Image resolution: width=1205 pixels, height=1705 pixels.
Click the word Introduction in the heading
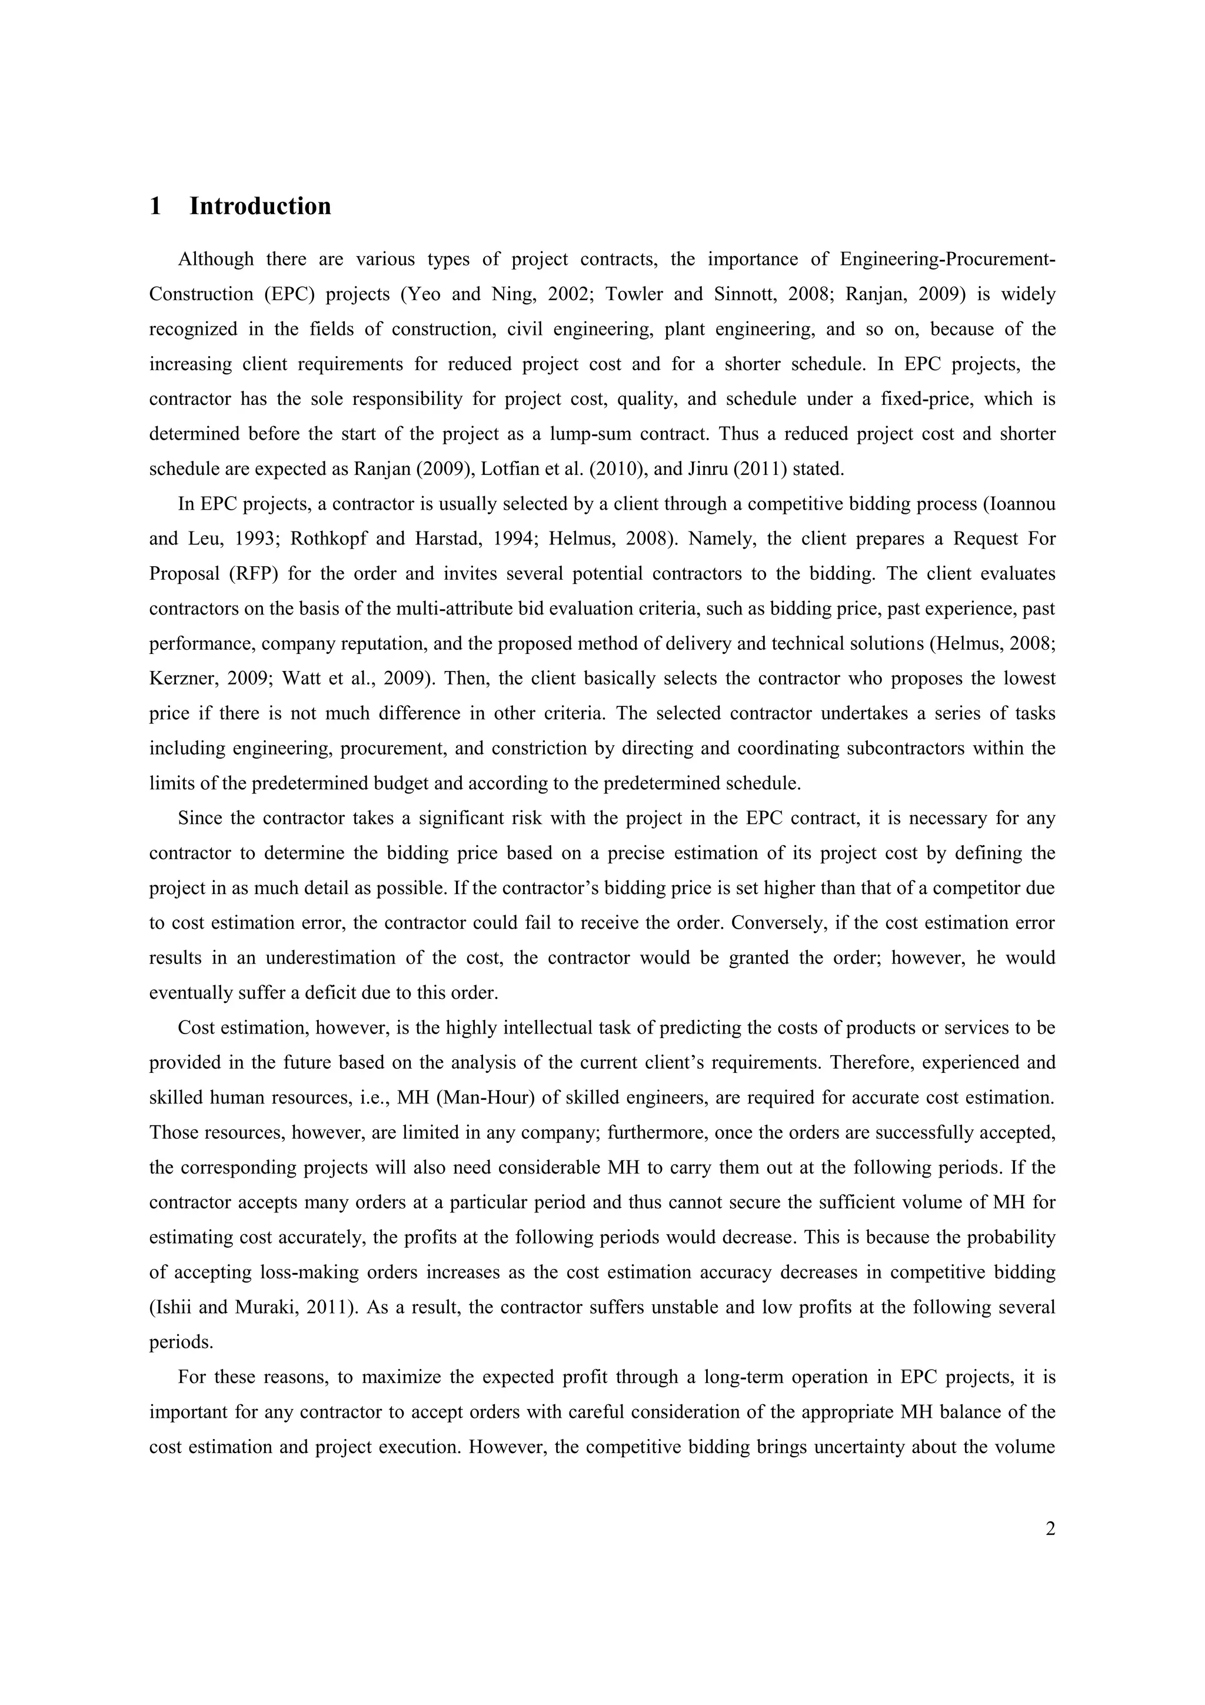pos(260,207)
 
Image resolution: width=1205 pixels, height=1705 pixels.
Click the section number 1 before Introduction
pos(155,207)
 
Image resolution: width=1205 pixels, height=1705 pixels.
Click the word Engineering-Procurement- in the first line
pos(947,259)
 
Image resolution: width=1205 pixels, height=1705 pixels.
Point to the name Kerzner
pos(185,678)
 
